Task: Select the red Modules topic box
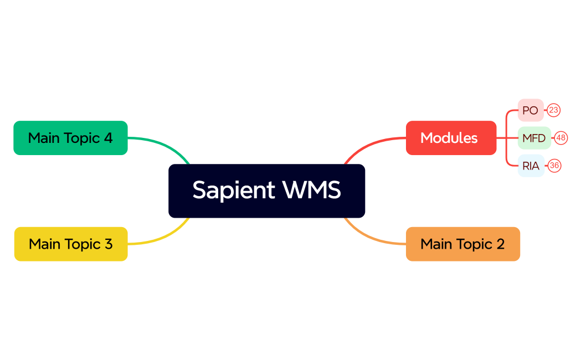451,138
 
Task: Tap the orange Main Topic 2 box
462,244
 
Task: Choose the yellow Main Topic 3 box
71,244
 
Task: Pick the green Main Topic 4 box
70,138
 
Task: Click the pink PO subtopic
530,110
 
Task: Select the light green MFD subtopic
534,138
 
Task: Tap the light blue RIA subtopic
531,166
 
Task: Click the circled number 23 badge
554,110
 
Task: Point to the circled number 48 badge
561,138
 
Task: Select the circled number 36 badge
554,166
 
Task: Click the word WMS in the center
311,190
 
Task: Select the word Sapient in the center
234,190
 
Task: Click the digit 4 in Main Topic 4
108,138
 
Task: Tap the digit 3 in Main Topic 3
108,244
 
